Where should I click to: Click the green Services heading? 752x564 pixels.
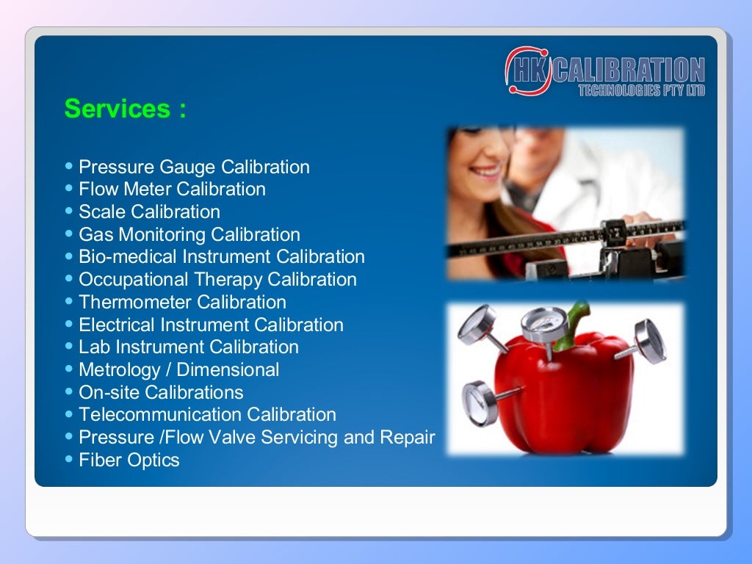[125, 109]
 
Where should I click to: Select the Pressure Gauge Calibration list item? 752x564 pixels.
[194, 167]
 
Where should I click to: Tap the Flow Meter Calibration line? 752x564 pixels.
[172, 189]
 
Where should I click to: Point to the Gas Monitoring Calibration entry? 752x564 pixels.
[189, 235]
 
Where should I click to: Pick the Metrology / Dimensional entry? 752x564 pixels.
[178, 370]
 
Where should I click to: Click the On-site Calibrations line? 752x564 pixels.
[161, 393]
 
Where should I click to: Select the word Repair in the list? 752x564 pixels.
[408, 438]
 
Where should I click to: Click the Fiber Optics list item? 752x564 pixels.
[129, 460]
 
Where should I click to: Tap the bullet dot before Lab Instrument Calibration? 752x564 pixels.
[69, 347]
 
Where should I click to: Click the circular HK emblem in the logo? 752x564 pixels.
[527, 70]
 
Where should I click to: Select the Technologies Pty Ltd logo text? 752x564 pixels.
[641, 91]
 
